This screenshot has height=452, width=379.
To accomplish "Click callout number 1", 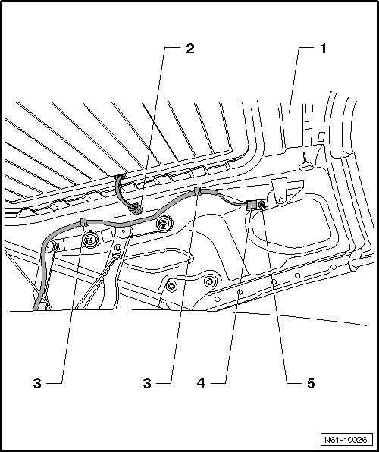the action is [x=324, y=49].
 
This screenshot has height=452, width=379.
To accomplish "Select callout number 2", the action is [x=190, y=49].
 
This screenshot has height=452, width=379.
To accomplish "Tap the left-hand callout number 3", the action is [x=37, y=384].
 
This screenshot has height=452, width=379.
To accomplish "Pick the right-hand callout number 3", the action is [x=147, y=384].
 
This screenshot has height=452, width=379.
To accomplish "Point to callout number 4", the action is [x=201, y=383].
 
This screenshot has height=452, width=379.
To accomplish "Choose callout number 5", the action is [x=311, y=384].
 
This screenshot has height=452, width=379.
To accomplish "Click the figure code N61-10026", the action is [x=346, y=440].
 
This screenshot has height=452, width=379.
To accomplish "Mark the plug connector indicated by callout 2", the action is [x=136, y=209].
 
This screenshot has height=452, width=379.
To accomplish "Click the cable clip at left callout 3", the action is [x=84, y=222].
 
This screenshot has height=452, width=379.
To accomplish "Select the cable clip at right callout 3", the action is [x=197, y=191].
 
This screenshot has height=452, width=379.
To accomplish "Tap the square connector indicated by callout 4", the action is [x=252, y=205].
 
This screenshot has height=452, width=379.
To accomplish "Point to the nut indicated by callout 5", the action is [x=262, y=205].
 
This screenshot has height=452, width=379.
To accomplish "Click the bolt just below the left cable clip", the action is [x=90, y=239].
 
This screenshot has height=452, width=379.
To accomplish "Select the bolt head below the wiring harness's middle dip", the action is [x=164, y=223].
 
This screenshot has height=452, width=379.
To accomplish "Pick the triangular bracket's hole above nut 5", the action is [x=281, y=199].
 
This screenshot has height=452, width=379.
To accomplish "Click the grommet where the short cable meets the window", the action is [x=121, y=176].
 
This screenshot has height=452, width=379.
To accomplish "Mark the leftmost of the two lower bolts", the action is [x=172, y=286].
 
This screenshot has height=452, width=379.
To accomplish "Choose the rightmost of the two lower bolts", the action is [x=210, y=281].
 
